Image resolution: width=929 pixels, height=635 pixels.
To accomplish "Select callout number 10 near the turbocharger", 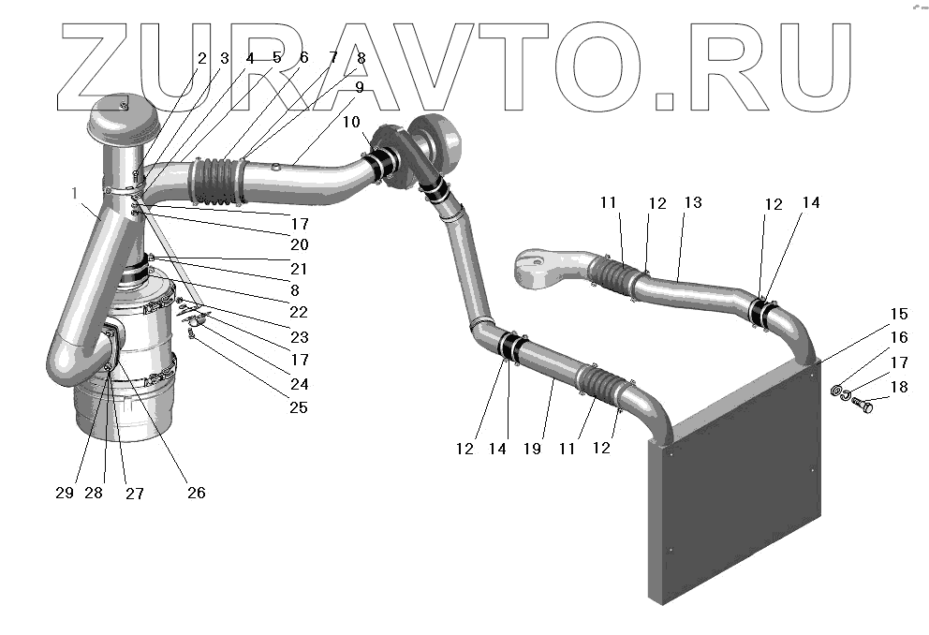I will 349,123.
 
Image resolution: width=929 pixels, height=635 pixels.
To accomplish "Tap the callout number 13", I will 692,203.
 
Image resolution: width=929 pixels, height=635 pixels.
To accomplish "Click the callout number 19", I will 533,449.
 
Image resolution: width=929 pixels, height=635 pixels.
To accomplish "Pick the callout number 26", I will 195,493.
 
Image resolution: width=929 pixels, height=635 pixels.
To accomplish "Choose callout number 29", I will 64,493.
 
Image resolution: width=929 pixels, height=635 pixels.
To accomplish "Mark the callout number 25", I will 299,407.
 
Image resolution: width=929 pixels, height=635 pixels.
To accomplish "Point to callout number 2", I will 200,58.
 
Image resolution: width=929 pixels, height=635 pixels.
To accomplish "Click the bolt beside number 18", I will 863,406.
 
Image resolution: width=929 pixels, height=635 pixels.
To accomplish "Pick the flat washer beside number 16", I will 836,389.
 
